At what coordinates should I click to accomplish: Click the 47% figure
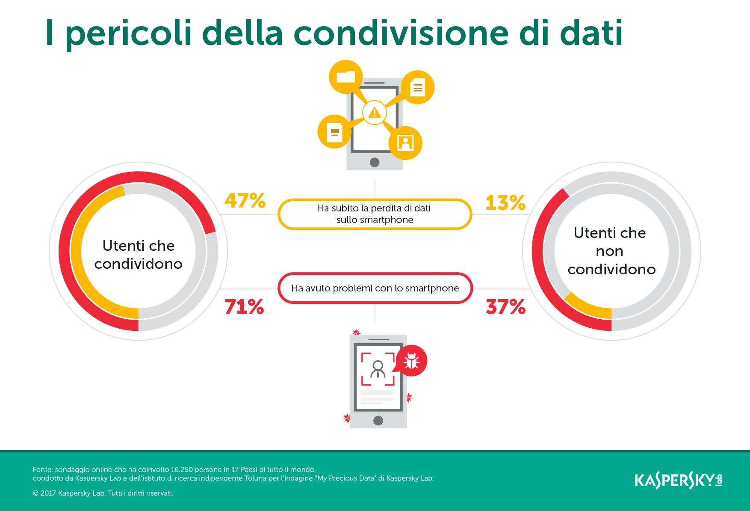pos(245,201)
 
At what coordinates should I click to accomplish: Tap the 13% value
pos(505,202)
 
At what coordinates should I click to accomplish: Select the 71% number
pos(244,307)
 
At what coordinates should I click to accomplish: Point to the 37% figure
pos(505,307)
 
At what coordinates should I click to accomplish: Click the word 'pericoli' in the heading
pos(128,34)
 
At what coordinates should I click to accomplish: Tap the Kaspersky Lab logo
pos(678,480)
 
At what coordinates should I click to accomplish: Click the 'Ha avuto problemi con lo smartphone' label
pos(375,288)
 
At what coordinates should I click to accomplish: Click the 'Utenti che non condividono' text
pos(611,251)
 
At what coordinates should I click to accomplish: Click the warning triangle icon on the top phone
pos(375,113)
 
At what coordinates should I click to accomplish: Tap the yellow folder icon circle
pos(345,77)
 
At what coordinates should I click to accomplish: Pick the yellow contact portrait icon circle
pos(405,143)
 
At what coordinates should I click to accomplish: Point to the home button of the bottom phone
pos(378,420)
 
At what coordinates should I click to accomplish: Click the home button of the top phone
pos(375,162)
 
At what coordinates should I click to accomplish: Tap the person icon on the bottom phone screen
pos(378,369)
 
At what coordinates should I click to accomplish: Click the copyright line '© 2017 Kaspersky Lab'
pos(103,493)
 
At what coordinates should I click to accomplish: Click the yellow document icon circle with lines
pos(417,87)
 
